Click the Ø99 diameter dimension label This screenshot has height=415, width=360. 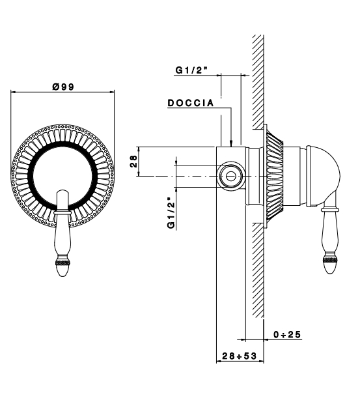[x=63, y=87]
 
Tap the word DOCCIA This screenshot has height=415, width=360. [x=191, y=103]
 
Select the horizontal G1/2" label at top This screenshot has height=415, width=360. [x=191, y=70]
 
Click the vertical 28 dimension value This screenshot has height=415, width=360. [x=133, y=162]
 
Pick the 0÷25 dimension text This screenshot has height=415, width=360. [x=287, y=335]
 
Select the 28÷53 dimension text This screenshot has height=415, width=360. [x=239, y=356]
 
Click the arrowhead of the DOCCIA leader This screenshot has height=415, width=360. [x=231, y=144]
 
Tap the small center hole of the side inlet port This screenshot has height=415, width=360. [x=231, y=176]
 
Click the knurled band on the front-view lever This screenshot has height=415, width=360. [x=62, y=263]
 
